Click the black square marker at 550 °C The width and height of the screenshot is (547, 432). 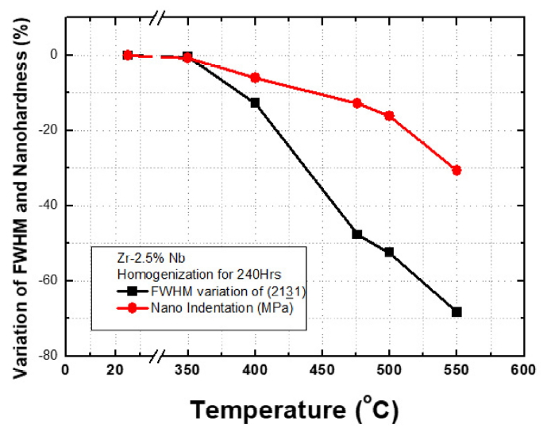pyautogui.click(x=456, y=312)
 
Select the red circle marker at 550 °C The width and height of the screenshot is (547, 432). pyautogui.click(x=456, y=170)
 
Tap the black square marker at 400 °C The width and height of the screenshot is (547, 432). pyautogui.click(x=255, y=102)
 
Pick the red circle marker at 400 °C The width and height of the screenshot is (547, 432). pyautogui.click(x=255, y=78)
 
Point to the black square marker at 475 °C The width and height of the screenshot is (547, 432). pyautogui.click(x=357, y=234)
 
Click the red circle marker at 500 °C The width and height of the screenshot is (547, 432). pyautogui.click(x=389, y=116)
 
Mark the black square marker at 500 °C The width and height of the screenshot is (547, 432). pyautogui.click(x=389, y=252)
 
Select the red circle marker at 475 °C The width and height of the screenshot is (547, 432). pyautogui.click(x=357, y=103)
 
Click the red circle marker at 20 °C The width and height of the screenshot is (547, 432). pyautogui.click(x=128, y=55)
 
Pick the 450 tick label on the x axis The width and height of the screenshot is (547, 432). pyautogui.click(x=322, y=371)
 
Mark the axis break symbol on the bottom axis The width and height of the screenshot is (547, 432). pyautogui.click(x=163, y=356)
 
